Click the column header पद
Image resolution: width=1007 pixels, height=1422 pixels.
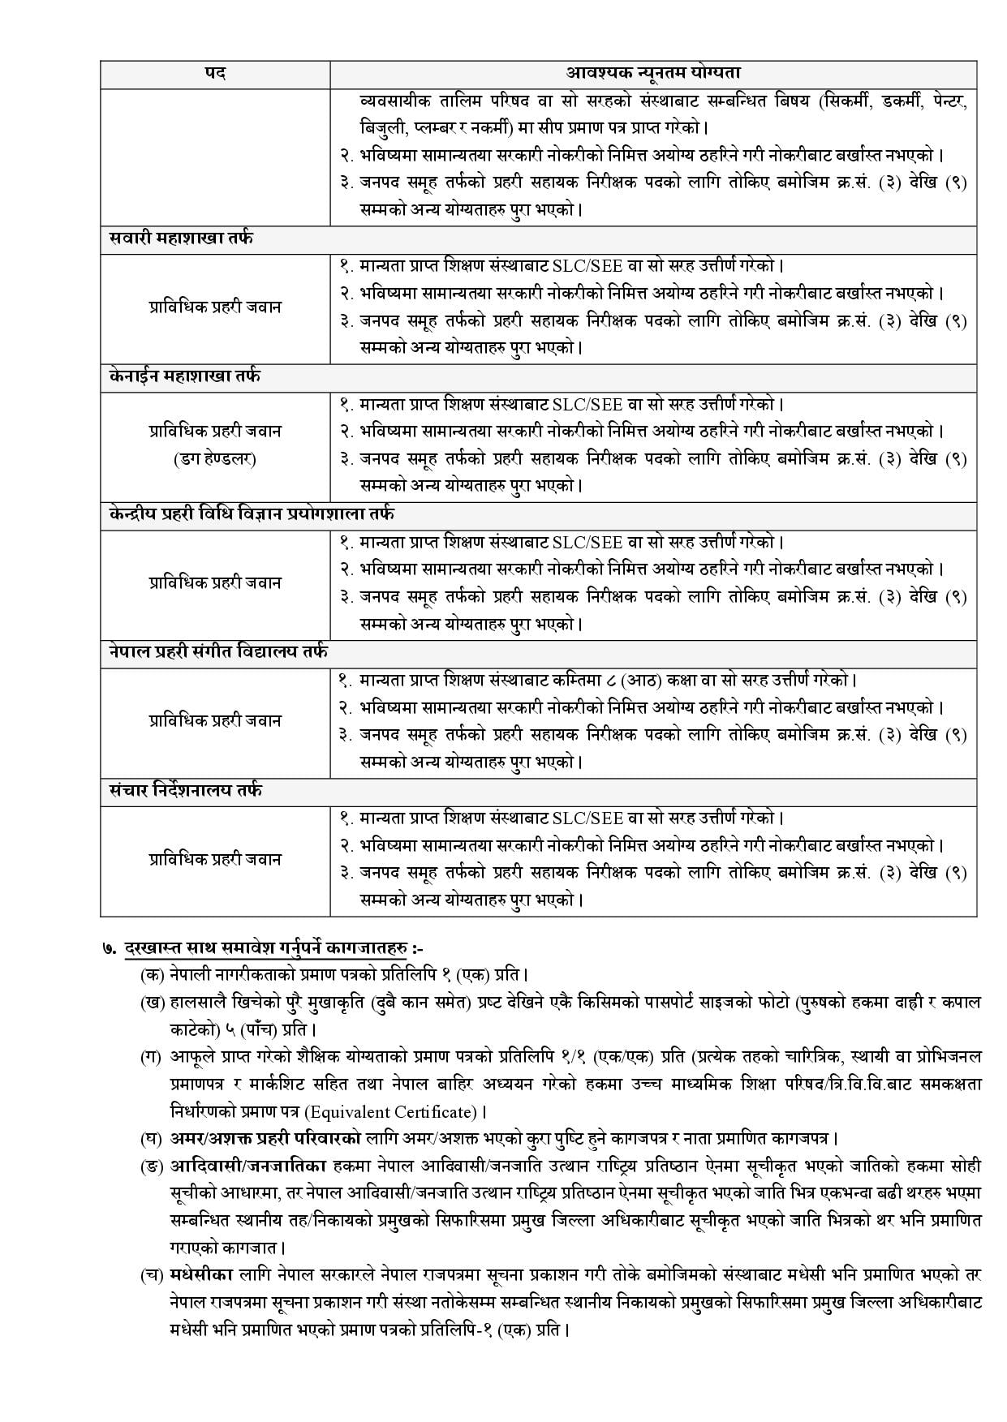215,73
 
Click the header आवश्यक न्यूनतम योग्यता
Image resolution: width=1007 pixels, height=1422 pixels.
653,73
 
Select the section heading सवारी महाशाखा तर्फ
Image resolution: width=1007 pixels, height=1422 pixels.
181,238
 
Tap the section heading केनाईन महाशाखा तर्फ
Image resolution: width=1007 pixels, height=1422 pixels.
185,376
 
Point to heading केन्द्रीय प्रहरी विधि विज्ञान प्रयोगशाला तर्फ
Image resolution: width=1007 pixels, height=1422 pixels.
252,514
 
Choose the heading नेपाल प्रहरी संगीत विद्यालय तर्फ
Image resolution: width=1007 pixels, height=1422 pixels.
218,652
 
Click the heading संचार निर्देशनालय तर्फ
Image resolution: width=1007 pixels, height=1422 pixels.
186,790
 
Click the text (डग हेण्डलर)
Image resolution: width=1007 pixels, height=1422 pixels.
215,459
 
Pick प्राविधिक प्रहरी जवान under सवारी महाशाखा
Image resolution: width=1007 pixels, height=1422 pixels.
215,307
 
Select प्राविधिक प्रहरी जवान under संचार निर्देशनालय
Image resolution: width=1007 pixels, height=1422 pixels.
215,859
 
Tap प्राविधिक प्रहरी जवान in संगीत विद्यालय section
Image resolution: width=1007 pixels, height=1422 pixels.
215,720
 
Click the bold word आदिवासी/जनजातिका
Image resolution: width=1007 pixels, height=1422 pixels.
248,1166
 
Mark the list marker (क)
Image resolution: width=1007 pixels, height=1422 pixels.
151,973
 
